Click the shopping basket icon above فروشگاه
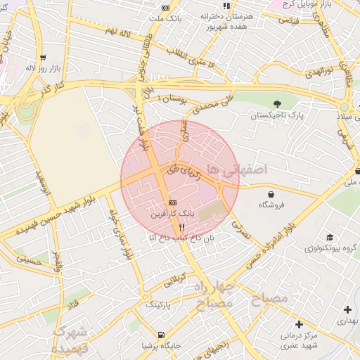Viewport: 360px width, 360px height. pyautogui.click(x=271, y=193)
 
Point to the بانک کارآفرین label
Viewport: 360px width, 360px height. pyautogui.click(x=173, y=212)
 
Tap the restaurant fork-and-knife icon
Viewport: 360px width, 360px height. pyautogui.click(x=182, y=227)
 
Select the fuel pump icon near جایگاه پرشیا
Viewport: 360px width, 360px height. pyautogui.click(x=162, y=335)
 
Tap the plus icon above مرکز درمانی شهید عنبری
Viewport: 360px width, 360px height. pyautogui.click(x=299, y=324)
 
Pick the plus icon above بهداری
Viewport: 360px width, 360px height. pyautogui.click(x=347, y=309)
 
